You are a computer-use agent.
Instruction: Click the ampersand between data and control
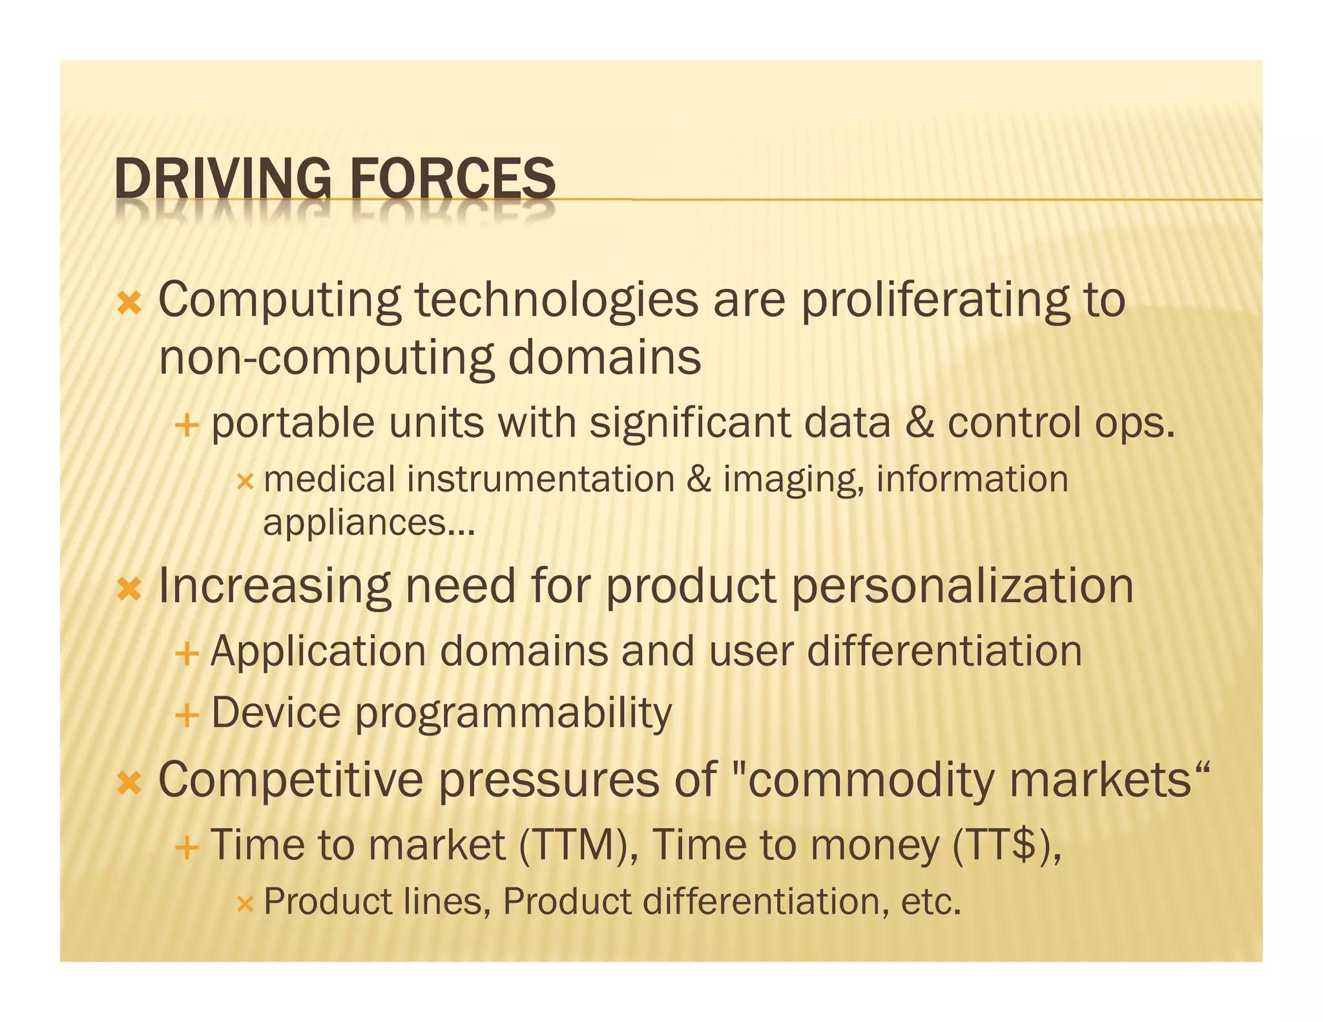point(919,423)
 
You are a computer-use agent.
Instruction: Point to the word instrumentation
point(541,480)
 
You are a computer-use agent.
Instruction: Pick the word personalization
point(963,587)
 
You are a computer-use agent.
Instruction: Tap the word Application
point(318,651)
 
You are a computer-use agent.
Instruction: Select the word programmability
point(513,714)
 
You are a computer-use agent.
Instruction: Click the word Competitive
point(291,780)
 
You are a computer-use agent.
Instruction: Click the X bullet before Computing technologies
point(129,302)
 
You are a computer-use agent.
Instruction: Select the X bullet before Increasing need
point(129,588)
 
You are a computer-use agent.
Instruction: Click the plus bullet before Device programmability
point(186,716)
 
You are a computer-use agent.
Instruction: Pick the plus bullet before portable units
point(186,425)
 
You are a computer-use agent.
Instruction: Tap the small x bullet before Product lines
point(245,903)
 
